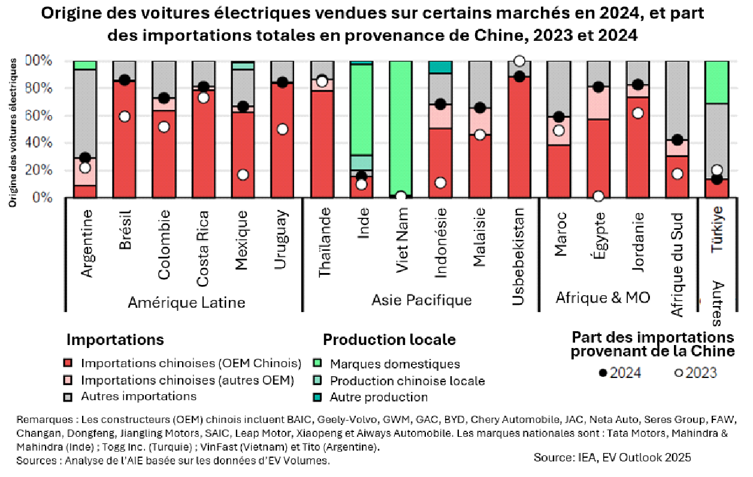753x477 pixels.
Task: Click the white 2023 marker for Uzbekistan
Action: [519, 61]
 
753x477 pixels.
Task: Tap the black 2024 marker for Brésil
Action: [124, 80]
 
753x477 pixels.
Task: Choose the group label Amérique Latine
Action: [186, 302]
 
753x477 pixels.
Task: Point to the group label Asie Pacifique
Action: [422, 300]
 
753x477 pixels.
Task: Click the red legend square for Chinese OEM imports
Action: [68, 364]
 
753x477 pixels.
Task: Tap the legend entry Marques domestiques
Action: [395, 364]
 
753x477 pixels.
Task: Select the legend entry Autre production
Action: [379, 397]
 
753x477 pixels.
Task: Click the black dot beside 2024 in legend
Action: [603, 373]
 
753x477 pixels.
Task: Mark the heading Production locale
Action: [389, 340]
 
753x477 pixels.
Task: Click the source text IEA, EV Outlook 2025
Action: [612, 457]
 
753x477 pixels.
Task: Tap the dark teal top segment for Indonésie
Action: [440, 67]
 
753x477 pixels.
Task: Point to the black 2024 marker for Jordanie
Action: [638, 85]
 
